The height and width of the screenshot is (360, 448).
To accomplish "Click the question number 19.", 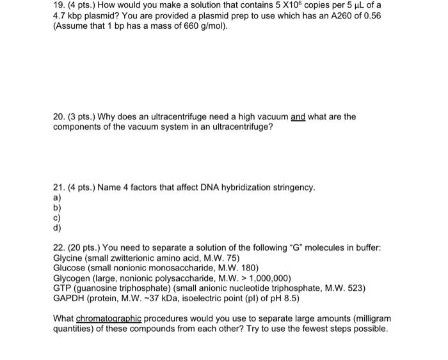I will coord(59,4).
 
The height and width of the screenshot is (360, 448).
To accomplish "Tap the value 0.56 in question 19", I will coord(369,15).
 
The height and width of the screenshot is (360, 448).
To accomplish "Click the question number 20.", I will coord(59,116).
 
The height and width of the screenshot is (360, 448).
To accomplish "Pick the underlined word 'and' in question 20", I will coord(298,116).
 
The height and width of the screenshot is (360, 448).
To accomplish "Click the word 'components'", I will coord(79,127).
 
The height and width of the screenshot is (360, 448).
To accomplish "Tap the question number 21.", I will coord(59,187).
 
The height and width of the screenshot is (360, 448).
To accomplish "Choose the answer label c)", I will coord(58,217).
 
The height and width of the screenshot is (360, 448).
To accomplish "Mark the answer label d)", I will coord(58,227).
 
